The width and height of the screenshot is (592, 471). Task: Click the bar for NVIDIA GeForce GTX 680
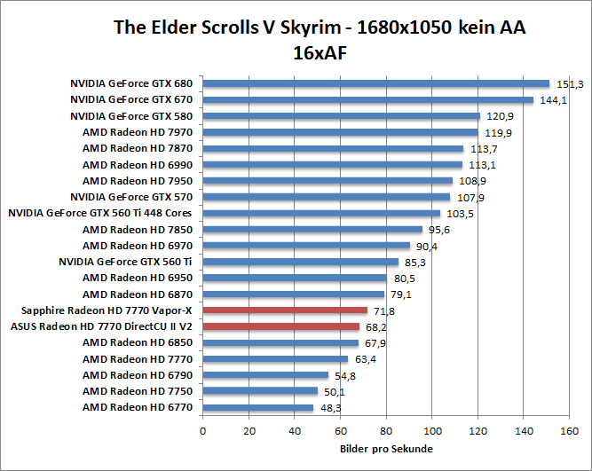point(376,83)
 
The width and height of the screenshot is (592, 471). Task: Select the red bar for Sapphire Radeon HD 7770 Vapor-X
point(285,310)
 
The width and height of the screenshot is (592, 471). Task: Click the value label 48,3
point(329,408)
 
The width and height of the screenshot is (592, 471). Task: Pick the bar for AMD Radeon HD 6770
point(258,408)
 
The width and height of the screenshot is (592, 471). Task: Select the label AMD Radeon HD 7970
point(138,132)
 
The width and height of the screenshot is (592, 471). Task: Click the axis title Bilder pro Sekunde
point(386,449)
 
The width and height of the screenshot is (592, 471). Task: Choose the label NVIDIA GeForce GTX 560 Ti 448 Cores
point(99,213)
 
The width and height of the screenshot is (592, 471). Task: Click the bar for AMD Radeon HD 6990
point(333,164)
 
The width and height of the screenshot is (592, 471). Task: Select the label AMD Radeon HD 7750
point(138,391)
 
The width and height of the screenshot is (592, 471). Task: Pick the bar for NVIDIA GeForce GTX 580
point(342,115)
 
